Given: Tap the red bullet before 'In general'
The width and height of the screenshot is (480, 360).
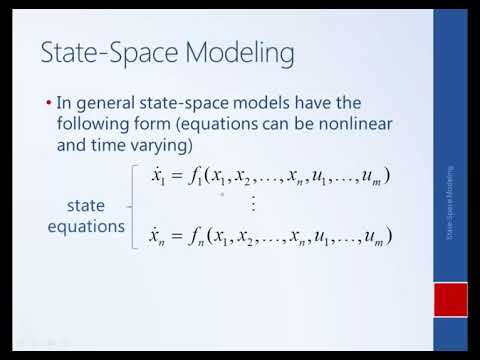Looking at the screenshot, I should click(x=50, y=103).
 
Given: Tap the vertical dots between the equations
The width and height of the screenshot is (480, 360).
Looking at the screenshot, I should click(x=253, y=205).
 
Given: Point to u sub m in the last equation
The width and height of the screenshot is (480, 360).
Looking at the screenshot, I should click(x=372, y=238).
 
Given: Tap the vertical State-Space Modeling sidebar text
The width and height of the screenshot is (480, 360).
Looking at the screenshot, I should click(x=450, y=205).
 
